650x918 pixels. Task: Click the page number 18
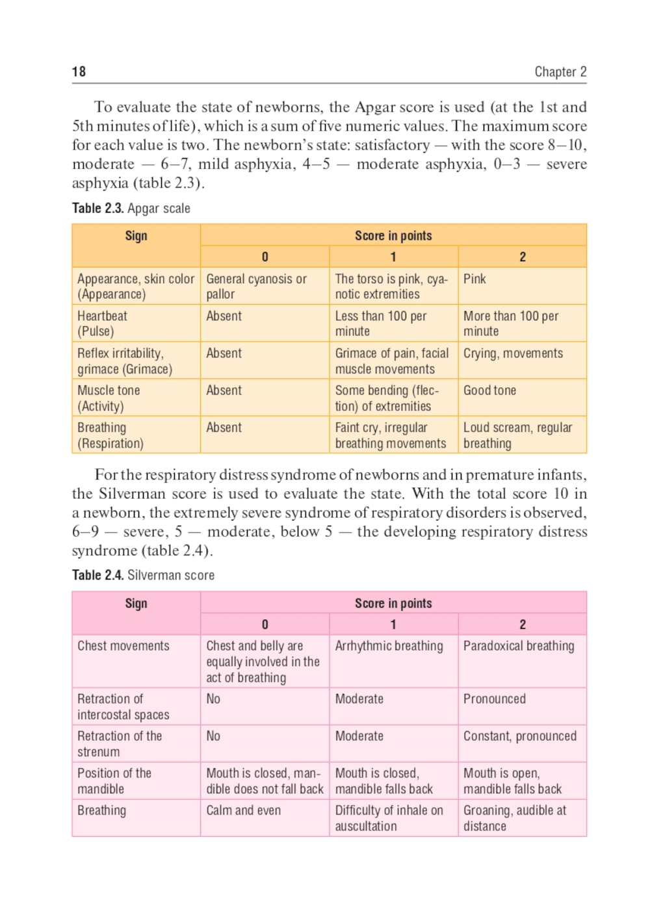[79, 71]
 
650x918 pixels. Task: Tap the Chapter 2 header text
[560, 71]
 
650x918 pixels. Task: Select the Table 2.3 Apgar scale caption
[131, 209]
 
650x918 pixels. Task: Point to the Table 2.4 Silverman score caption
[143, 576]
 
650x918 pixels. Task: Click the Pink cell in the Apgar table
[474, 279]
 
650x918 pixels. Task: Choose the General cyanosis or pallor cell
[256, 287]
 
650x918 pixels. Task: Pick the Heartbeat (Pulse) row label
[102, 324]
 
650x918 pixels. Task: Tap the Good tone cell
[489, 390]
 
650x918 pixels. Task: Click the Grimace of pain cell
[391, 361]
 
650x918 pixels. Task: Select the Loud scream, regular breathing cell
[517, 435]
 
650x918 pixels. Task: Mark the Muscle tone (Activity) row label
[109, 398]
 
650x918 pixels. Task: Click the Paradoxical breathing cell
[519, 646]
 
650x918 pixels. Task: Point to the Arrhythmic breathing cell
[389, 646]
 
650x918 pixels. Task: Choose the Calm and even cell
[243, 810]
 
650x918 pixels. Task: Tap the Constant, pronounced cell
[519, 736]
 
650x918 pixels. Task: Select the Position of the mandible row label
[114, 781]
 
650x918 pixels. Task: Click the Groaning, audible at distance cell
[514, 818]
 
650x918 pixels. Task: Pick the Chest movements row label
[123, 646]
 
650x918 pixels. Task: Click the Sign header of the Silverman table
[136, 604]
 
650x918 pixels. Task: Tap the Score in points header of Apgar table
[393, 236]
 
